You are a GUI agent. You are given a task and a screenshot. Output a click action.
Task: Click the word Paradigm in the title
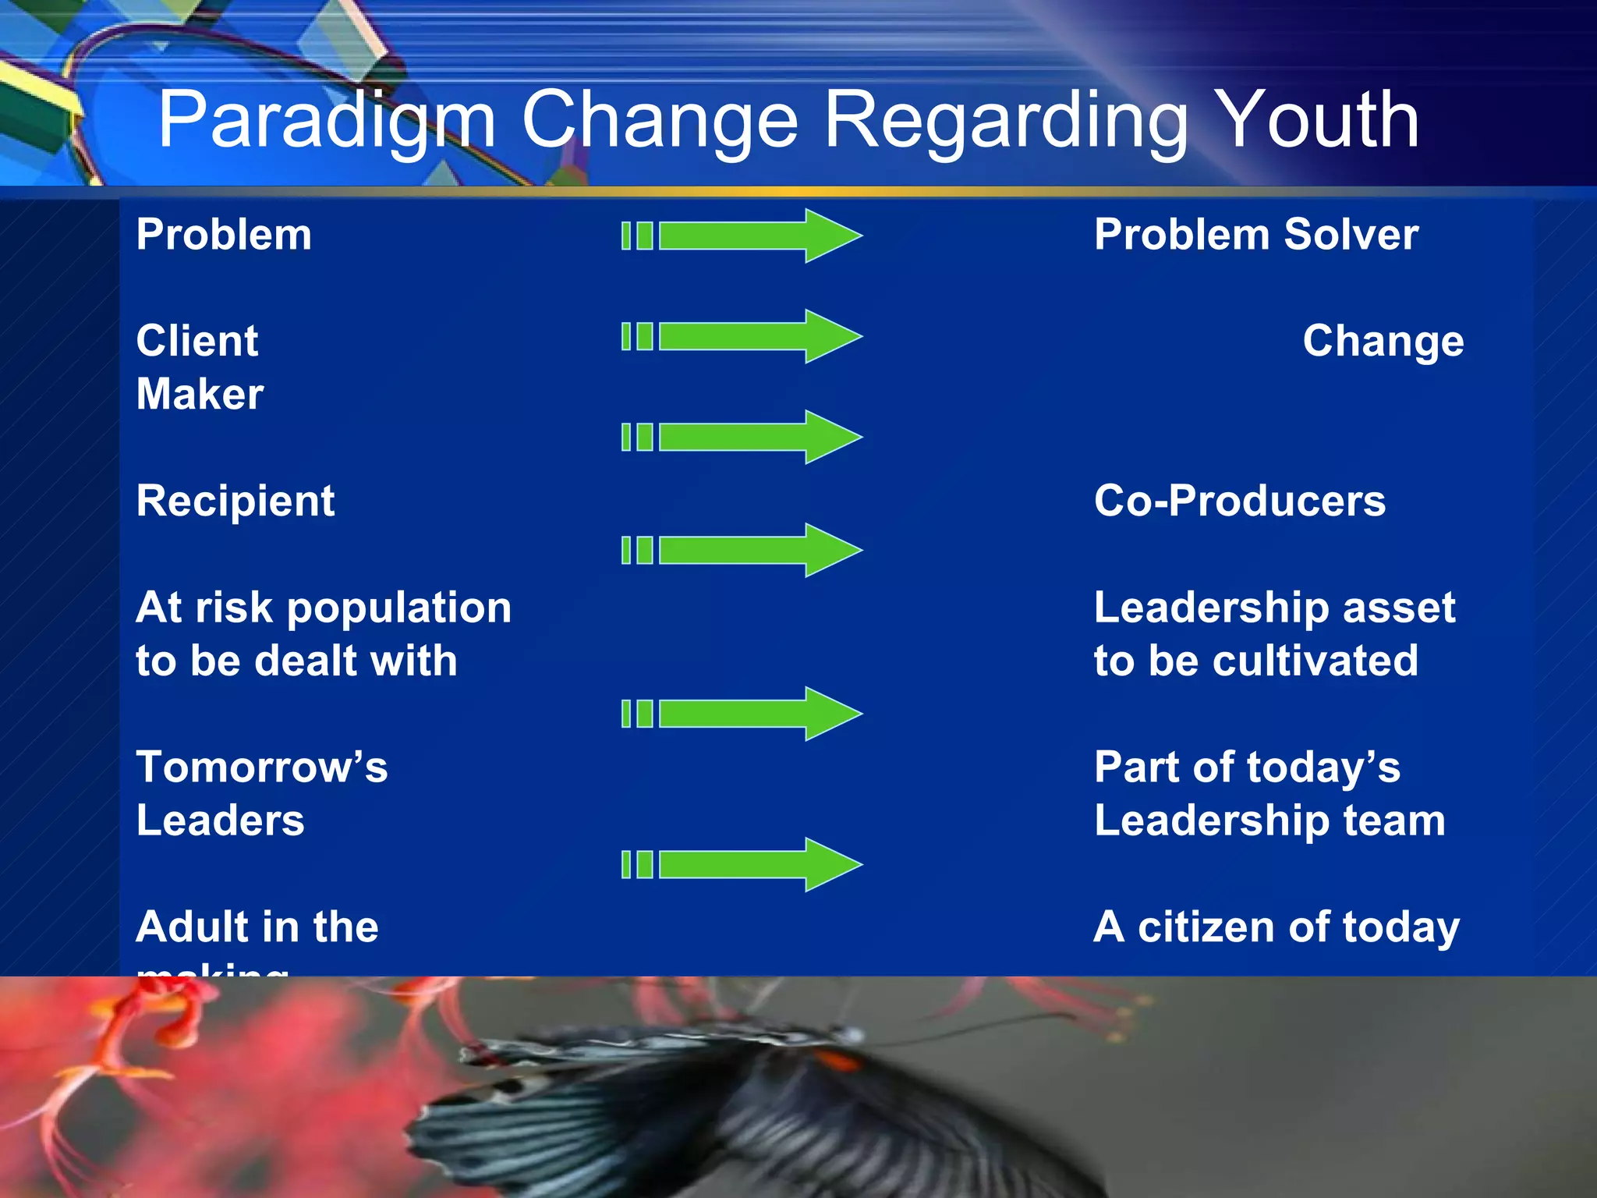(x=326, y=121)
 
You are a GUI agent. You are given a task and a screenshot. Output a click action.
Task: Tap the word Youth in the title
(x=1318, y=121)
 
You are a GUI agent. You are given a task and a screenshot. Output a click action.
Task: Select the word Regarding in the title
(x=1006, y=121)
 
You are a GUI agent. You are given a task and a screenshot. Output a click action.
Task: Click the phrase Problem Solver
(x=1255, y=235)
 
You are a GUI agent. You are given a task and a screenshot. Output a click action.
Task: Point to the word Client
(x=197, y=341)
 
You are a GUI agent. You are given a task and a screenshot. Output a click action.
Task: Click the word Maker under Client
(x=200, y=394)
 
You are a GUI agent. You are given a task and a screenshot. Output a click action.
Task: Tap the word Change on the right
(x=1383, y=341)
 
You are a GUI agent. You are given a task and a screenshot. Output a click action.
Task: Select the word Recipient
(x=235, y=501)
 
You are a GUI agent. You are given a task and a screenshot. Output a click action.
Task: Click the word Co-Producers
(x=1239, y=501)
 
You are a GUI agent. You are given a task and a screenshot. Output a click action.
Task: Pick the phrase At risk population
(x=323, y=608)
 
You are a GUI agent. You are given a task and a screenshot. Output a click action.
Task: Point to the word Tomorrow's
(x=261, y=767)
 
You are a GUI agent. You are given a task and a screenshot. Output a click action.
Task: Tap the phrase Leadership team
(x=1269, y=821)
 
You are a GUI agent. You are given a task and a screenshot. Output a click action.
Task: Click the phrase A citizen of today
(x=1276, y=927)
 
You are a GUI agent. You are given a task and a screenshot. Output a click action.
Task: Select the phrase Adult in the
(x=257, y=927)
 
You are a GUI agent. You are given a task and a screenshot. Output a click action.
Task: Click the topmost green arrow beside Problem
(x=741, y=236)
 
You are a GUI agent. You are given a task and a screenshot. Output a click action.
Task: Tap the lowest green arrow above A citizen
(x=741, y=864)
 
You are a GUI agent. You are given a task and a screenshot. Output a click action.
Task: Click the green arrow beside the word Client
(x=741, y=336)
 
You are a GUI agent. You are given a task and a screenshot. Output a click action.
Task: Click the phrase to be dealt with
(x=296, y=661)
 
